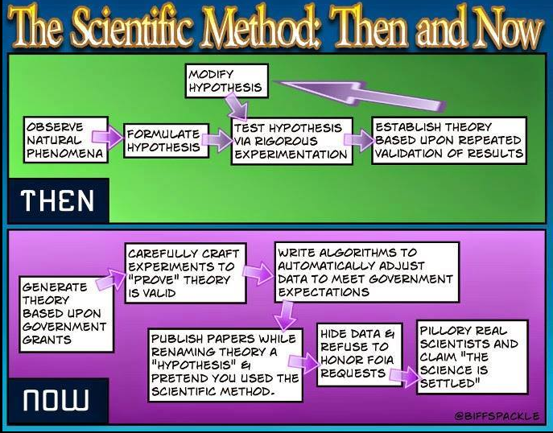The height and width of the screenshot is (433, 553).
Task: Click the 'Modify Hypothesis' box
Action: click(x=227, y=80)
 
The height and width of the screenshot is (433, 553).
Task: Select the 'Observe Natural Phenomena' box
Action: click(x=66, y=139)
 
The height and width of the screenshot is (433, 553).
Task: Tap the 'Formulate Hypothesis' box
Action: click(x=166, y=140)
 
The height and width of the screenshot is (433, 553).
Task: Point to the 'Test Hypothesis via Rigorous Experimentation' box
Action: click(x=292, y=141)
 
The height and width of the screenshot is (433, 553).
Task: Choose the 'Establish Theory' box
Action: click(x=449, y=140)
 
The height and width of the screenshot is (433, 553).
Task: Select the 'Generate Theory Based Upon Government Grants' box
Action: click(x=67, y=314)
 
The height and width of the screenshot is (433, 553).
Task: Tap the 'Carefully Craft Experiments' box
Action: click(x=185, y=273)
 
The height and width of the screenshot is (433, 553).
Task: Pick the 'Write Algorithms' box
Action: click(x=367, y=272)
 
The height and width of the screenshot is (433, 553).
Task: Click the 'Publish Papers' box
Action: click(x=225, y=365)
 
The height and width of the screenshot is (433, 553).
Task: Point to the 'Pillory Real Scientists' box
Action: click(x=473, y=357)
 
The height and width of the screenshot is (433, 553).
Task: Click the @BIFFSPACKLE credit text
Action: click(x=497, y=416)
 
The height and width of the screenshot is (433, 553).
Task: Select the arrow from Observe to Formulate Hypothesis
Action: click(x=107, y=138)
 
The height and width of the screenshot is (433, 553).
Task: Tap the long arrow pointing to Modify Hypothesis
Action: click(x=360, y=94)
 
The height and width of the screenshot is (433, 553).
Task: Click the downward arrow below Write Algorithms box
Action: click(x=285, y=315)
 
